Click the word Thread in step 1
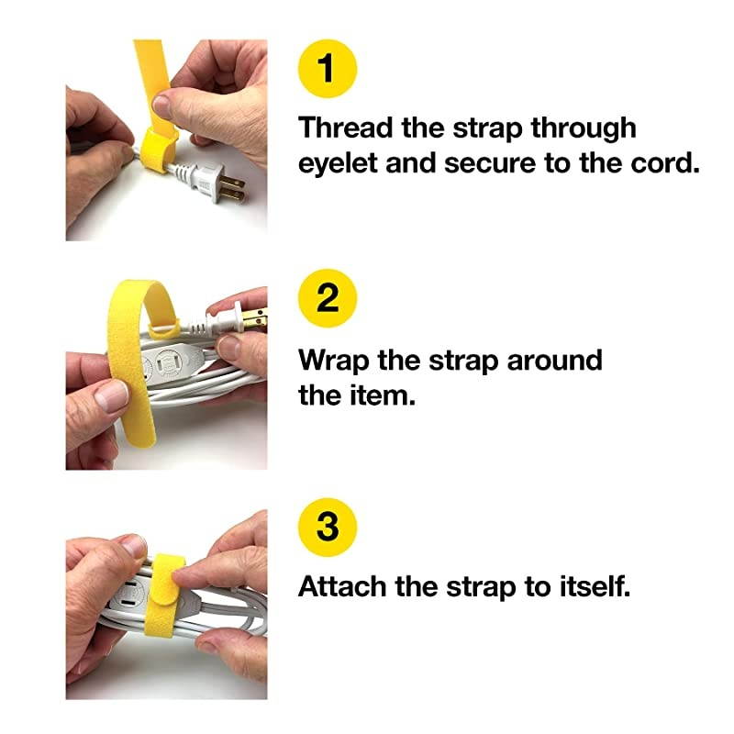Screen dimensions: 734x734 (348, 128)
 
